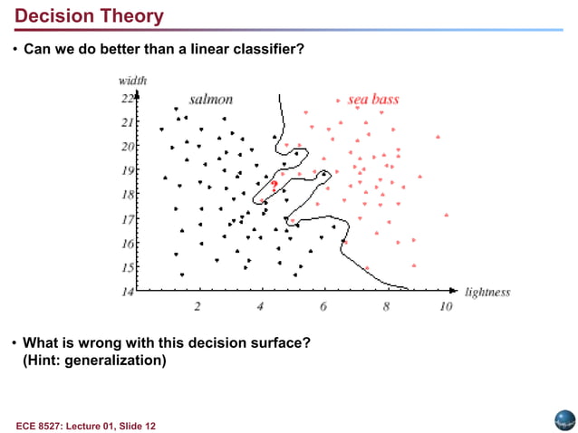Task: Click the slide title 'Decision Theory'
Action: [x=90, y=16]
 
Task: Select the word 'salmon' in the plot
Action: [x=210, y=99]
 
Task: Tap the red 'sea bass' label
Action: [x=373, y=99]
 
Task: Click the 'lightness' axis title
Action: [x=487, y=292]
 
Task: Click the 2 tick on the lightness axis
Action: [x=197, y=306]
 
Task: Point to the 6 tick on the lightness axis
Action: [x=323, y=306]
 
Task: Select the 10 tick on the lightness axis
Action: [x=446, y=306]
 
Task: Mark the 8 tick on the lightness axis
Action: [x=386, y=306]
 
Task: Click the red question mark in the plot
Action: [x=274, y=185]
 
